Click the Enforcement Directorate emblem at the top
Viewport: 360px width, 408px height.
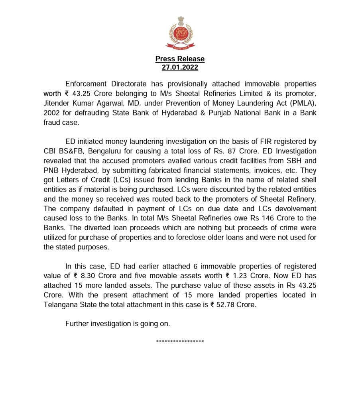pos(180,33)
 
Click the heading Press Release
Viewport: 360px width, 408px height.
pos(180,59)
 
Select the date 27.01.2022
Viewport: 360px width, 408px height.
pos(180,67)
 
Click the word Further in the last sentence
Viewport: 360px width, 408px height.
pos(78,324)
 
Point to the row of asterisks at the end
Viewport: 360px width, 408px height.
pos(180,342)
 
